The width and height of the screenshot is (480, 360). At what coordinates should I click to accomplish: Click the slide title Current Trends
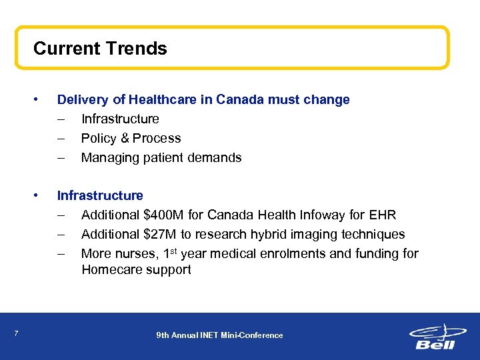click(x=100, y=49)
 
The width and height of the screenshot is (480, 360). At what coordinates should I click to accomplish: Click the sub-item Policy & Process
click(x=131, y=139)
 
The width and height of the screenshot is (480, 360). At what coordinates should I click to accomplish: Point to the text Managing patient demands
click(x=161, y=158)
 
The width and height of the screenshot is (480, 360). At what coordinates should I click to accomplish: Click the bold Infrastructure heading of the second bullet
click(x=100, y=196)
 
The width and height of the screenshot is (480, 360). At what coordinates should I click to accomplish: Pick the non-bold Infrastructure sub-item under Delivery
click(x=120, y=119)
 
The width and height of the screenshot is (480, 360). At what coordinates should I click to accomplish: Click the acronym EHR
click(x=382, y=215)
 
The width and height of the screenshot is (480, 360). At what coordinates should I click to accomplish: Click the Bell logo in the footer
click(x=434, y=336)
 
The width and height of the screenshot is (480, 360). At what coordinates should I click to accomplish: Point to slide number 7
click(x=15, y=335)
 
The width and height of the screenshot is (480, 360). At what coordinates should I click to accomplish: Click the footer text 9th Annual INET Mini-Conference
click(x=219, y=335)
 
